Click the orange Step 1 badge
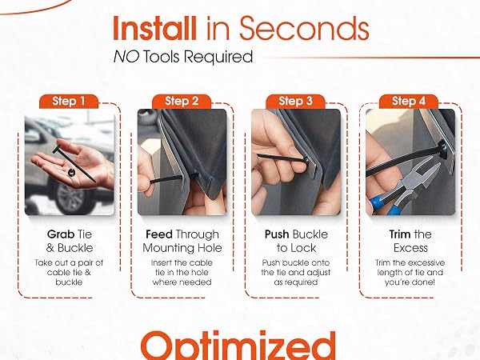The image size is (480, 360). (x=69, y=102)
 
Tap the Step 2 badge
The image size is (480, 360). (x=182, y=102)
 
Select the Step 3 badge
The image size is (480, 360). (x=295, y=102)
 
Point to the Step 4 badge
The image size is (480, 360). (x=409, y=102)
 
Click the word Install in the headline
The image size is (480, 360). (x=154, y=29)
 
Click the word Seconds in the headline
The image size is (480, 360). (x=304, y=29)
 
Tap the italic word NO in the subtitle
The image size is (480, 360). (x=126, y=57)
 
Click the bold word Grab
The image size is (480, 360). (x=61, y=234)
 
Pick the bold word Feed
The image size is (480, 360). (x=159, y=234)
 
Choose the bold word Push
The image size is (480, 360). (x=277, y=234)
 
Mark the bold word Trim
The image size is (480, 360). (x=400, y=234)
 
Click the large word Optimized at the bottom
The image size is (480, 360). (x=238, y=346)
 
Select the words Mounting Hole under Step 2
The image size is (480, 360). (x=182, y=248)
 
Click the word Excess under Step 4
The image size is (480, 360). (x=410, y=248)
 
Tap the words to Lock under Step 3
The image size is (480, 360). (x=296, y=248)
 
